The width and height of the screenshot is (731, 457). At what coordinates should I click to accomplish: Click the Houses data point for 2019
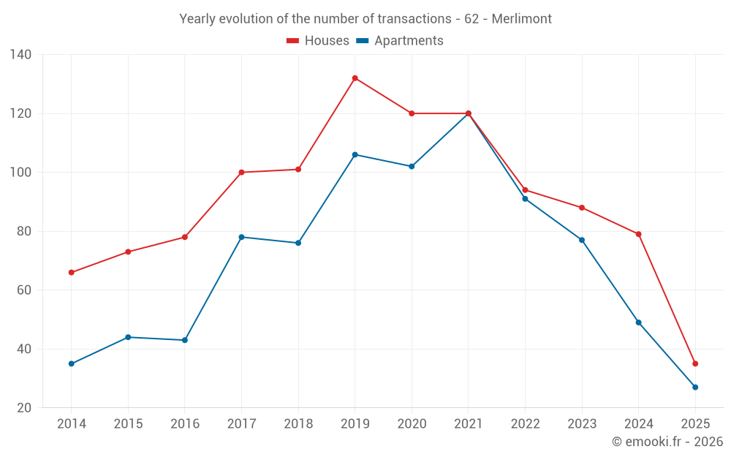[355, 78]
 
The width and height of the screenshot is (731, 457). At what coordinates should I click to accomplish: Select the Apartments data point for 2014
[71, 363]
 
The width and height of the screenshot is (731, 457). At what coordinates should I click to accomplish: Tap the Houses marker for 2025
[695, 363]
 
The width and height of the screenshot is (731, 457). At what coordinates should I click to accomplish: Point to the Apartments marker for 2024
[638, 322]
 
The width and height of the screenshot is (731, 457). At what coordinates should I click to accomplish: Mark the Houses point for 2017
[241, 173]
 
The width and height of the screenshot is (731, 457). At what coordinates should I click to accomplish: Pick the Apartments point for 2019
[355, 154]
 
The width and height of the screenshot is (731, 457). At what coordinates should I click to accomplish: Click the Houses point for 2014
[71, 273]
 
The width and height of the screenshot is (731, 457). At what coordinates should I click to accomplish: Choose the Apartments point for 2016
[185, 340]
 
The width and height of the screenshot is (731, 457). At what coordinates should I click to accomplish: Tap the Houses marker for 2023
[582, 208]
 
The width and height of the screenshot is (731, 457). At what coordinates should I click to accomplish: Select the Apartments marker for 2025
[695, 387]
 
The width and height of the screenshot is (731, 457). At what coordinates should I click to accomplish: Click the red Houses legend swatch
[292, 41]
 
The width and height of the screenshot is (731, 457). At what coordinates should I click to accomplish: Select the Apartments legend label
[409, 41]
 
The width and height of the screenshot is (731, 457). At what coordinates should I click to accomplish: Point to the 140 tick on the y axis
[21, 55]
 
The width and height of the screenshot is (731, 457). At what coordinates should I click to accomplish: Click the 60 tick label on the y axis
[23, 290]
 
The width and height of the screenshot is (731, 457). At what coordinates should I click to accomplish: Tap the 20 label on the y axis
[23, 407]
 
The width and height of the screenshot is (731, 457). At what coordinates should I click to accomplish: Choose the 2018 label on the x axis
[298, 424]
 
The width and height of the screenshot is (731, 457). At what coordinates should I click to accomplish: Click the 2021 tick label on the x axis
[469, 424]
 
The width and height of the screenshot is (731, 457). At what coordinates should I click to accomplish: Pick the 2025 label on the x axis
[695, 424]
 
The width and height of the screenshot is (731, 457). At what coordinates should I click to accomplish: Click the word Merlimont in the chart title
[521, 18]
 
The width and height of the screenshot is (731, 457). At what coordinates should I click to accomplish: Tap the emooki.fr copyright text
[667, 442]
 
